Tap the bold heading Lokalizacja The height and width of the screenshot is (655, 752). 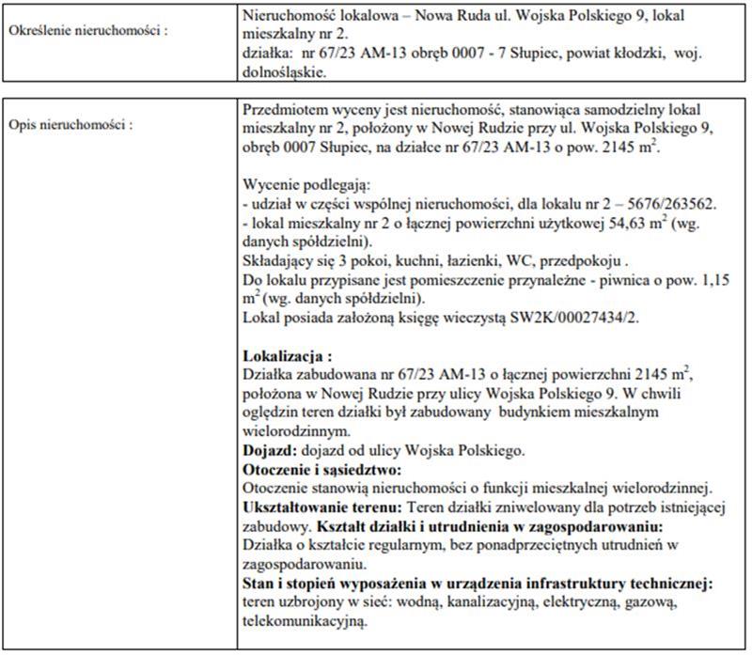tap(288, 357)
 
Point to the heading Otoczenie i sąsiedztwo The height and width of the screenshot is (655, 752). tap(321, 468)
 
